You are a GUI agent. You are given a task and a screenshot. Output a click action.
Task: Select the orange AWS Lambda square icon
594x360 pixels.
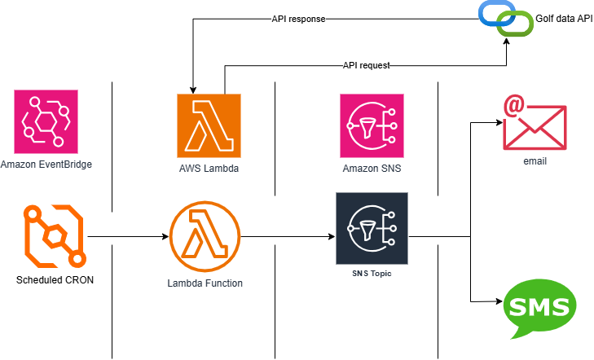pos(209,125)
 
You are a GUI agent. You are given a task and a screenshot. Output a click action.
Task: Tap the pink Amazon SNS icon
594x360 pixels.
pos(371,125)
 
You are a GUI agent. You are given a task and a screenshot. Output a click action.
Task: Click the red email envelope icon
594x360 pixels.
pos(535,123)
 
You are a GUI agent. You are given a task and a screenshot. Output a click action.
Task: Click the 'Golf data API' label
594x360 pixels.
pos(564,16)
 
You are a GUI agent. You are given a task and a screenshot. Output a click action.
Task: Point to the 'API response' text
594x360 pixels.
pos(298,17)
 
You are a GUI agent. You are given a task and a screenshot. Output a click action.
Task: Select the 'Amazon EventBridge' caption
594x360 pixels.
pos(46,165)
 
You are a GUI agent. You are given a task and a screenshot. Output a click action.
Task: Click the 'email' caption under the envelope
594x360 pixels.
pos(535,161)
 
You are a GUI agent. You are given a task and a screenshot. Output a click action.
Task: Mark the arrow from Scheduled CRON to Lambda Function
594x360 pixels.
pos(126,237)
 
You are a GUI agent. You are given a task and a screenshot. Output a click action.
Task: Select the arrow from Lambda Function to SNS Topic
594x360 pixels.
pos(288,237)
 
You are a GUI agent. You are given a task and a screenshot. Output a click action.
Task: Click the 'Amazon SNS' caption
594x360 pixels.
pos(371,169)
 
